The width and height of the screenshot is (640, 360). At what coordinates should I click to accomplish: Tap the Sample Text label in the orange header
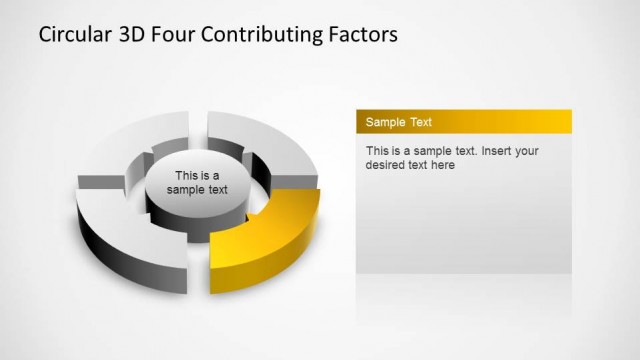(x=399, y=122)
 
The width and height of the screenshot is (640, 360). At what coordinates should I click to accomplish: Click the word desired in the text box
(x=386, y=165)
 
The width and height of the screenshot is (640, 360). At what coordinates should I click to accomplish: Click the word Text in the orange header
(x=420, y=122)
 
